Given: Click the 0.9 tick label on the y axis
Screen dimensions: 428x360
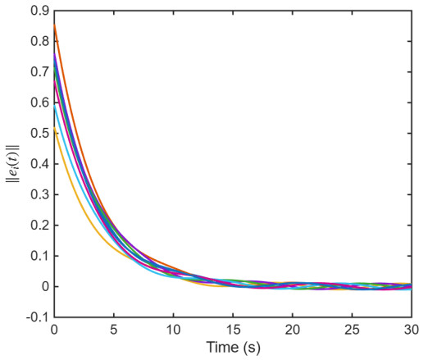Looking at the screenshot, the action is tap(39, 11).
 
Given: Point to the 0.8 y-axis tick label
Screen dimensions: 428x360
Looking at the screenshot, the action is tap(39, 41).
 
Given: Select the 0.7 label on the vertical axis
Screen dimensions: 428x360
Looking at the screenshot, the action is tap(39, 72).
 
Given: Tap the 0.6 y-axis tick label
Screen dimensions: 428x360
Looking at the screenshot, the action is tap(39, 103).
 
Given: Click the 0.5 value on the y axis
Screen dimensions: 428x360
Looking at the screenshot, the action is tap(39, 134).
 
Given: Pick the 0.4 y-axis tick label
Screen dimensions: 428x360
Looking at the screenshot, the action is tap(39, 164).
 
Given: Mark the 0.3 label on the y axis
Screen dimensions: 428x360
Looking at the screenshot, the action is tap(39, 194).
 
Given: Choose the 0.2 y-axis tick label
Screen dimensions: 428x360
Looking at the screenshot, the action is tap(39, 226).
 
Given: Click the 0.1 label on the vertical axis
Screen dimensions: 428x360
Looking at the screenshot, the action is tap(39, 256).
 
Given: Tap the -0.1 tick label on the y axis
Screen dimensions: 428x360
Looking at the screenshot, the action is tap(38, 317).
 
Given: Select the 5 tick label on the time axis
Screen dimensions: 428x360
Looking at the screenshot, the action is tap(114, 330).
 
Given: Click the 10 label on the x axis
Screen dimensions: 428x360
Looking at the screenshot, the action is tap(173, 330).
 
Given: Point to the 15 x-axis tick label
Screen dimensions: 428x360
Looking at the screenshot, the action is tap(233, 330).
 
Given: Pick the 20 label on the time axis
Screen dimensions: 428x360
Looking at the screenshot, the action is tap(293, 330).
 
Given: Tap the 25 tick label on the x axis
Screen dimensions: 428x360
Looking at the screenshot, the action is tap(352, 330).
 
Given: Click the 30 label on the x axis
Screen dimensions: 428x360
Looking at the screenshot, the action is tap(412, 330).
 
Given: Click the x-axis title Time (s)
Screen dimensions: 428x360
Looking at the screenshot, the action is tap(233, 348).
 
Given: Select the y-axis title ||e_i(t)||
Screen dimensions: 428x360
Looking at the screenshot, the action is tap(13, 164).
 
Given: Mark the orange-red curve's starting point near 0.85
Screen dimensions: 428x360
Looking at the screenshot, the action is tap(55, 25).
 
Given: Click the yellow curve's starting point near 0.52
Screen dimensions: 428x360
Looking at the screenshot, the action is tap(55, 128).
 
